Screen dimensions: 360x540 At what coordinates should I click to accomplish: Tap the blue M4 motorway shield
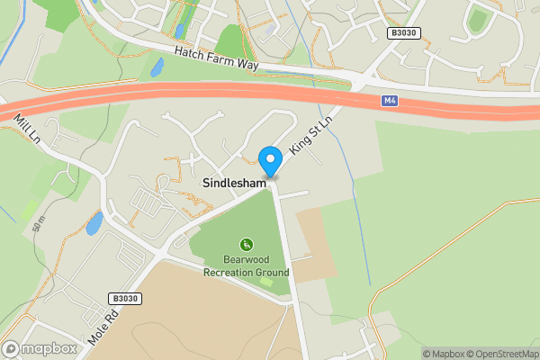[x=390, y=101]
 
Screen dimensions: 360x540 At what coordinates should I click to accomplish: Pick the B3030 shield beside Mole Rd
[x=126, y=298]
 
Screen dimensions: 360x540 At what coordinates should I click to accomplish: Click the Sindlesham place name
[x=234, y=183]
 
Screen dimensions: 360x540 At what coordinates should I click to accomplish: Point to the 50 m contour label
[x=38, y=224]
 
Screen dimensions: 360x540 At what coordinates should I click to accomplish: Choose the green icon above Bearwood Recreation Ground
[x=246, y=244]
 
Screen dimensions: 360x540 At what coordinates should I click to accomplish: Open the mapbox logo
[x=40, y=349]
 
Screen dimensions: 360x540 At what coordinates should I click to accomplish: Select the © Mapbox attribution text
[x=441, y=354]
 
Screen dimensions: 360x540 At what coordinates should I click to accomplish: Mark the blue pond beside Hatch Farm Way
[x=157, y=67]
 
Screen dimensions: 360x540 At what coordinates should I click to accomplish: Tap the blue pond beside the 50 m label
[x=94, y=223]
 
